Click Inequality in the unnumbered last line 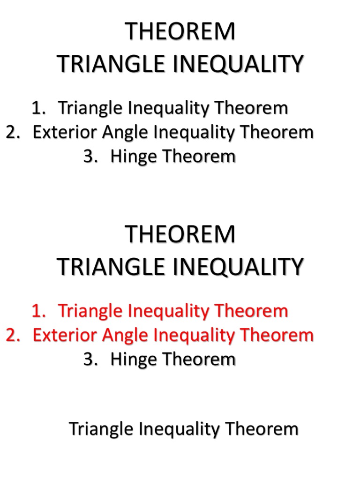click(x=183, y=429)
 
